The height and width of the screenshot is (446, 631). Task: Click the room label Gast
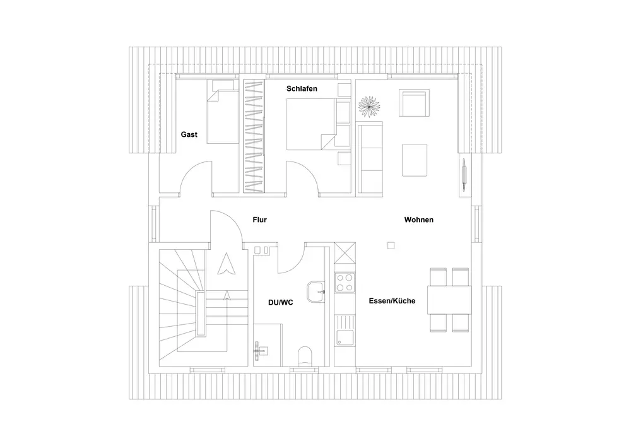[189, 134]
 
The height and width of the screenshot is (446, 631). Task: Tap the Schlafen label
[302, 89]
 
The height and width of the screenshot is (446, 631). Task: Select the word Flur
[259, 220]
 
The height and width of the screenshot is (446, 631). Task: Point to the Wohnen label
[418, 220]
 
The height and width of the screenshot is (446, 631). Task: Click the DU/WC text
[280, 302]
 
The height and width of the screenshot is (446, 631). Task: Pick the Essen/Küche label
[392, 301]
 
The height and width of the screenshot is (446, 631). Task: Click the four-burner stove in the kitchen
[345, 283]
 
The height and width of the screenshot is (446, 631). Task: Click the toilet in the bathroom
[304, 356]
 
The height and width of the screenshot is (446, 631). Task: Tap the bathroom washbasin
[315, 292]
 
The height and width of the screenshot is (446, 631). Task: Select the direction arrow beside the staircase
[223, 264]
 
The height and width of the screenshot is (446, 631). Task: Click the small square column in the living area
[391, 246]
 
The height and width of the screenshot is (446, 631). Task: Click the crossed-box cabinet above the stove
[345, 255]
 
